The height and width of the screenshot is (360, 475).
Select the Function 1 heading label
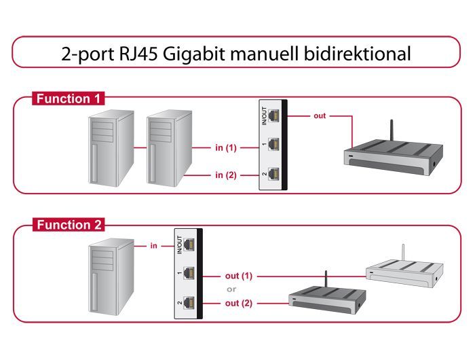pos(68,99)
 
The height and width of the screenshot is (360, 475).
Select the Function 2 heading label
pos(68,225)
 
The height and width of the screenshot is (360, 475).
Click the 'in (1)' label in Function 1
pos(226,147)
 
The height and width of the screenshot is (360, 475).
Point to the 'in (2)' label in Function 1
pos(226,175)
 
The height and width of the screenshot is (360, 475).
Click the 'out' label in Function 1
pos(320,116)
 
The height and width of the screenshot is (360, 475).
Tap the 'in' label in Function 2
pos(154,245)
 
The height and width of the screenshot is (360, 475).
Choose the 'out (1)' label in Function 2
pos(238,276)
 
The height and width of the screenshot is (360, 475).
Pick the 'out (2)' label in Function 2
pos(238,303)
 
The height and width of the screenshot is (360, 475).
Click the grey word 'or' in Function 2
pos(231,289)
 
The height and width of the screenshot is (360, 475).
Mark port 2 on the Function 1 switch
pos(273,174)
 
